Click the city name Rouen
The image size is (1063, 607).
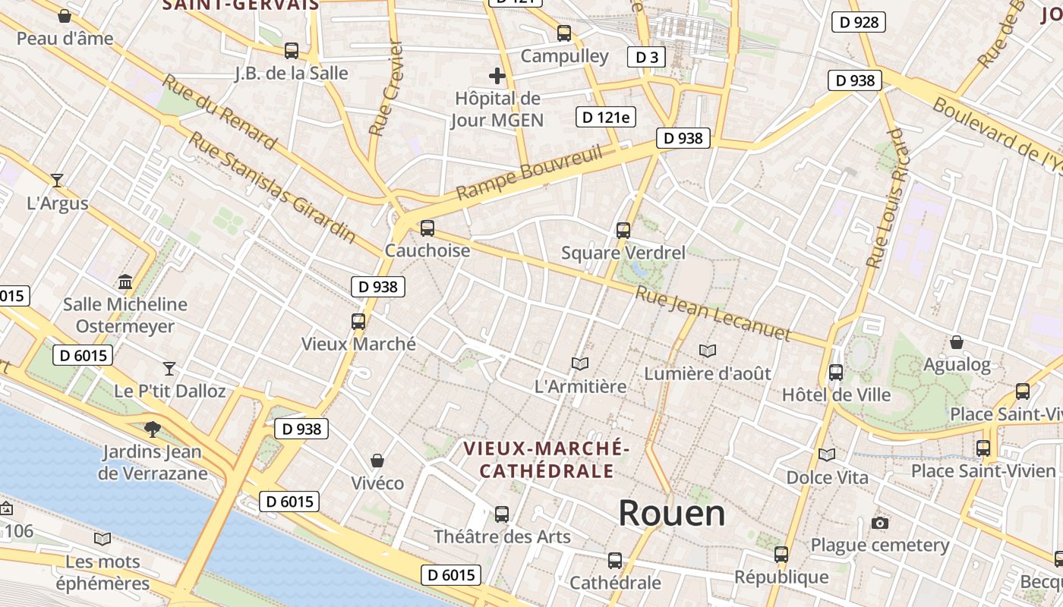(x=671, y=514)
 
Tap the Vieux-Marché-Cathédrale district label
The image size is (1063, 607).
(x=546, y=460)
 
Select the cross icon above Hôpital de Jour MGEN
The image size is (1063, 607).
(x=497, y=76)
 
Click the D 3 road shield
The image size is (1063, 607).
(x=646, y=57)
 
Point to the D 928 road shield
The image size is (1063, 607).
(x=860, y=22)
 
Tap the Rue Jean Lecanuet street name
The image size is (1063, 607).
(x=712, y=313)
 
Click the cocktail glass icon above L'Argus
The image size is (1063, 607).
(x=57, y=181)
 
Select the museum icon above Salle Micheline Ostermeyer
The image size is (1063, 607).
(x=125, y=282)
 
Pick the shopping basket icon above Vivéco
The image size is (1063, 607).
(x=377, y=461)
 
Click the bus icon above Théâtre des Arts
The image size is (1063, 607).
(x=501, y=514)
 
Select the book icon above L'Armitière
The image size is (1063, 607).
(x=580, y=364)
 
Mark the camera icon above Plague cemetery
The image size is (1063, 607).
(x=880, y=523)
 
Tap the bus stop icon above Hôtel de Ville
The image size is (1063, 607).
(x=836, y=373)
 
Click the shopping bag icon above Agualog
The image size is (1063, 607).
(x=957, y=342)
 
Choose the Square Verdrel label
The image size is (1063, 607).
(x=623, y=253)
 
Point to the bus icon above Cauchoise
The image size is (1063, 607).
(x=427, y=228)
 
